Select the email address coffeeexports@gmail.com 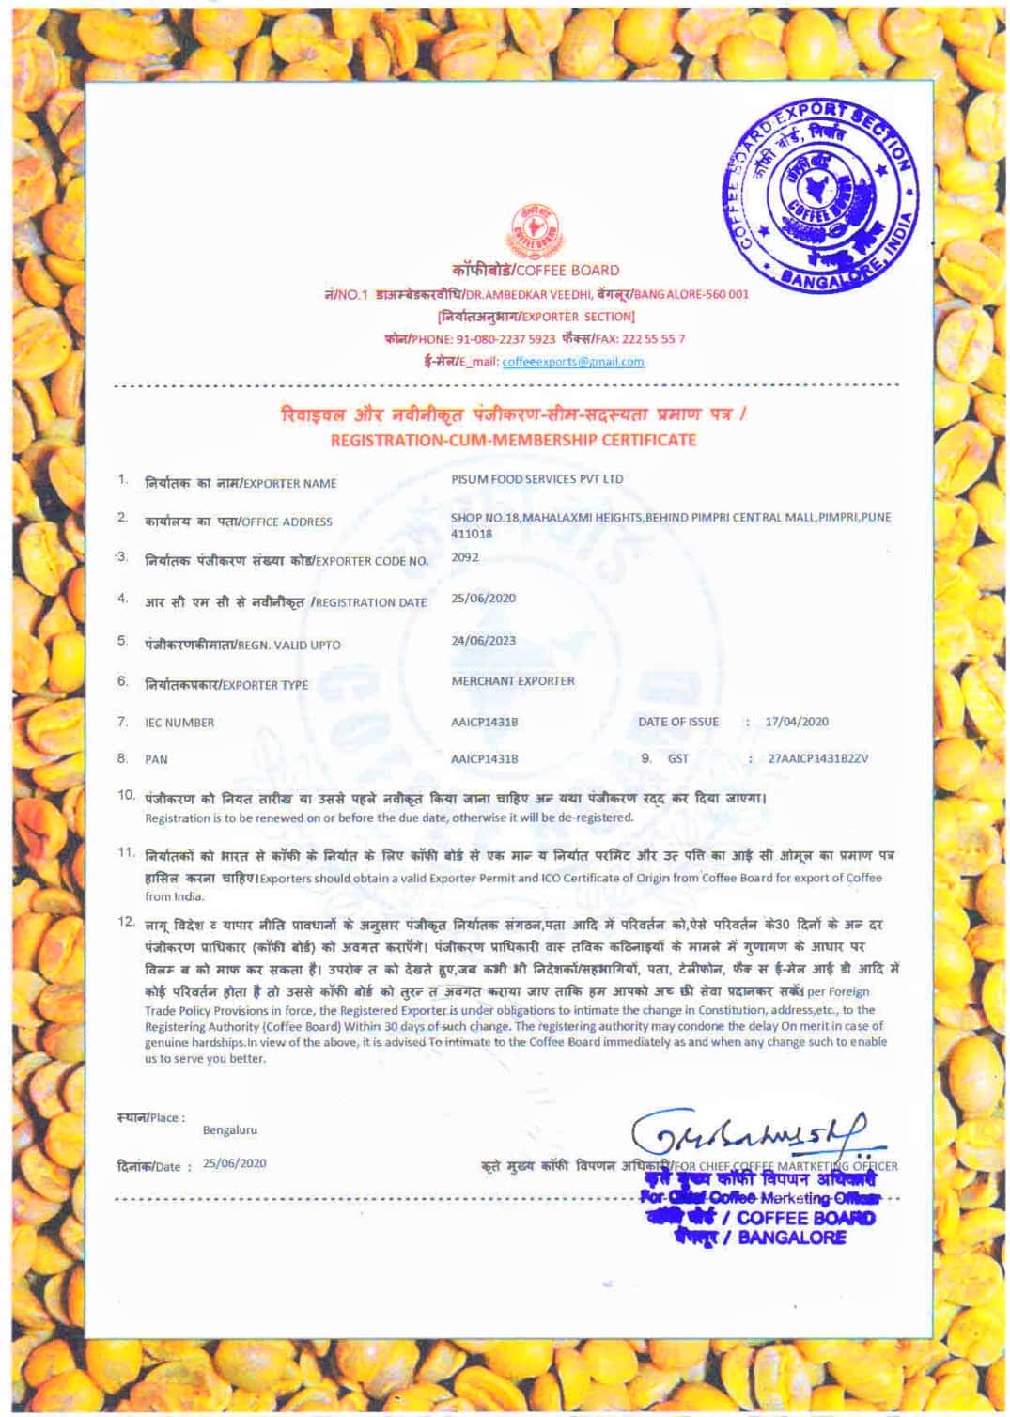[x=573, y=362]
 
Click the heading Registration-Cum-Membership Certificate [x=513, y=440]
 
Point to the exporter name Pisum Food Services [x=536, y=479]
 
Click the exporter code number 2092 [x=464, y=557]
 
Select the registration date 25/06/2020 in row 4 [x=483, y=599]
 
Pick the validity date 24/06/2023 [x=483, y=641]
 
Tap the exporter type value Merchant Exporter [x=512, y=681]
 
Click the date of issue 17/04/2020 [x=797, y=722]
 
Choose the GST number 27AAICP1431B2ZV [x=817, y=758]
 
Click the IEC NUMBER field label [x=179, y=723]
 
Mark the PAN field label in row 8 [x=156, y=759]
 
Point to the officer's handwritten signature [x=755, y=1134]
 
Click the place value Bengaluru [x=229, y=1130]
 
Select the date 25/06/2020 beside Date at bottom [x=234, y=1163]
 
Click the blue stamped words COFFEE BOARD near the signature [x=805, y=1218]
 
